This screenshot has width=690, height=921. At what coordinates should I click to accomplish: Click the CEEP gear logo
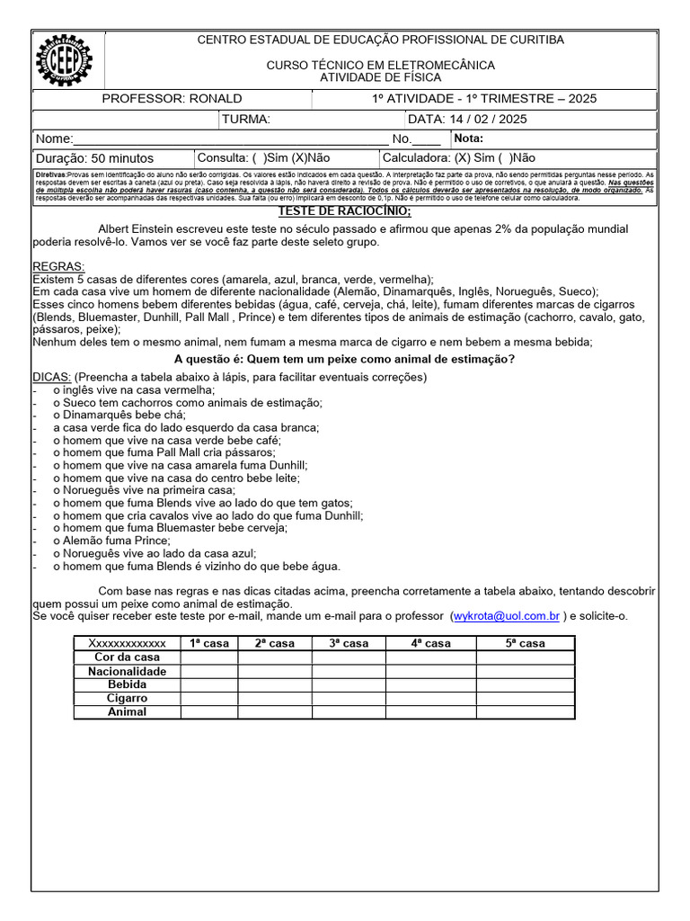pyautogui.click(x=64, y=60)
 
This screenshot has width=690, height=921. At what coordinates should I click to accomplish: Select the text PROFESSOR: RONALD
pyautogui.click(x=172, y=99)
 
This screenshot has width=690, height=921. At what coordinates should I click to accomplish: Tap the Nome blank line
pyautogui.click(x=230, y=139)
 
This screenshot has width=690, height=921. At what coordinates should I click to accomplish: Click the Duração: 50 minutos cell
pyautogui.click(x=94, y=157)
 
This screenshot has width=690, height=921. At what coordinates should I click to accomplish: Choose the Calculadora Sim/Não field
pyautogui.click(x=458, y=157)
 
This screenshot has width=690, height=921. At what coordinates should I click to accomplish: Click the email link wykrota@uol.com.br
pyautogui.click(x=507, y=616)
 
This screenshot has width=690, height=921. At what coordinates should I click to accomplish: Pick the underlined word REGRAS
pyautogui.click(x=58, y=267)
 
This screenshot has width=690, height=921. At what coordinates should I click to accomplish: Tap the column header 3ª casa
pyautogui.click(x=349, y=643)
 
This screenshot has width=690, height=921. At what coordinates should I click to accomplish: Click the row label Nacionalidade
pyautogui.click(x=127, y=671)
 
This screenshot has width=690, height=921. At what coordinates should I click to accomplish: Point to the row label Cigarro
pyautogui.click(x=127, y=698)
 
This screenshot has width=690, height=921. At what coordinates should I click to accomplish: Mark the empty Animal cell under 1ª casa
pyautogui.click(x=208, y=711)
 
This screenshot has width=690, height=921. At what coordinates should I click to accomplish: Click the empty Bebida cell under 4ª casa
pyautogui.click(x=430, y=684)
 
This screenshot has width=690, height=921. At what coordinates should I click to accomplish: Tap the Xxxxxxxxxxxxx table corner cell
pyautogui.click(x=127, y=643)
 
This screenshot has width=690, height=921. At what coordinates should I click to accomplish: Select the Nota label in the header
pyautogui.click(x=470, y=139)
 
